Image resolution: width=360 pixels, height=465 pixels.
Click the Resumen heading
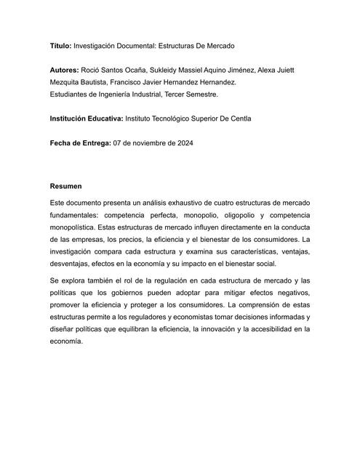click(66, 186)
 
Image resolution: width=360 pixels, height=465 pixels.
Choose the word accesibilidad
click(263, 328)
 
